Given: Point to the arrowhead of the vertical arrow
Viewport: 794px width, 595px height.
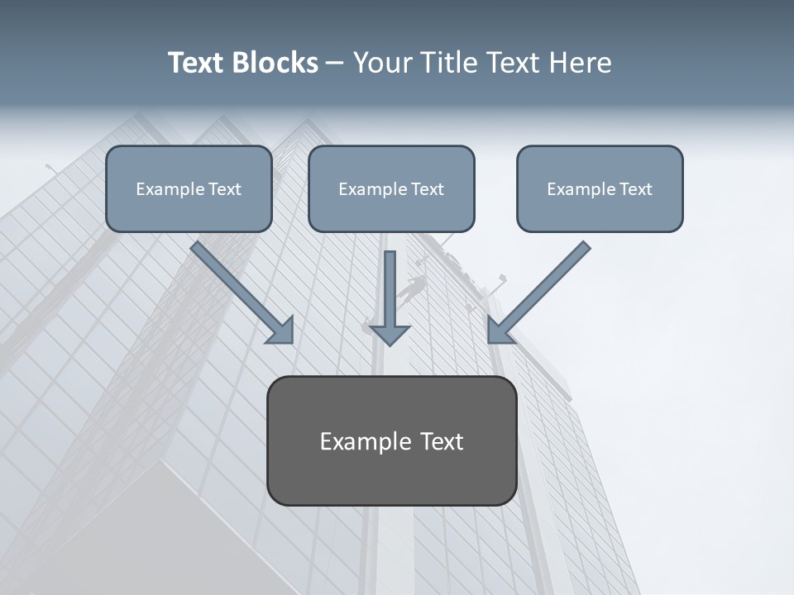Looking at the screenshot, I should coord(390,334).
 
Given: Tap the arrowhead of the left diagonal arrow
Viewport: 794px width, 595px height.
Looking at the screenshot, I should coord(282,331).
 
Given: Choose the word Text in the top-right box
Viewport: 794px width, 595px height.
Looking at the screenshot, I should coord(635,189).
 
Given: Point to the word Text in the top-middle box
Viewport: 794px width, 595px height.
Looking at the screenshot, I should coord(427,189).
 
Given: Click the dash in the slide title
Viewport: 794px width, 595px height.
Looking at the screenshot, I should coord(335,63).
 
